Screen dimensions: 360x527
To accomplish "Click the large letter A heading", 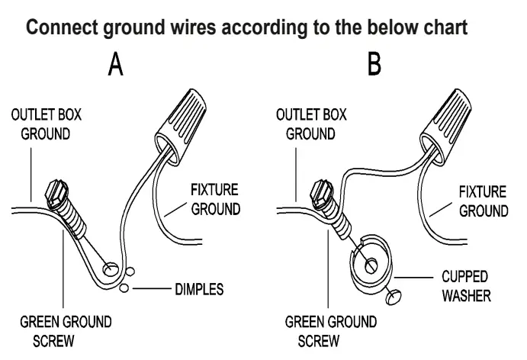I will pyautogui.click(x=115, y=66).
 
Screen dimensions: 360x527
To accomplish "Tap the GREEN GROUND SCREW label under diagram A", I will pyautogui.click(x=65, y=329).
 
